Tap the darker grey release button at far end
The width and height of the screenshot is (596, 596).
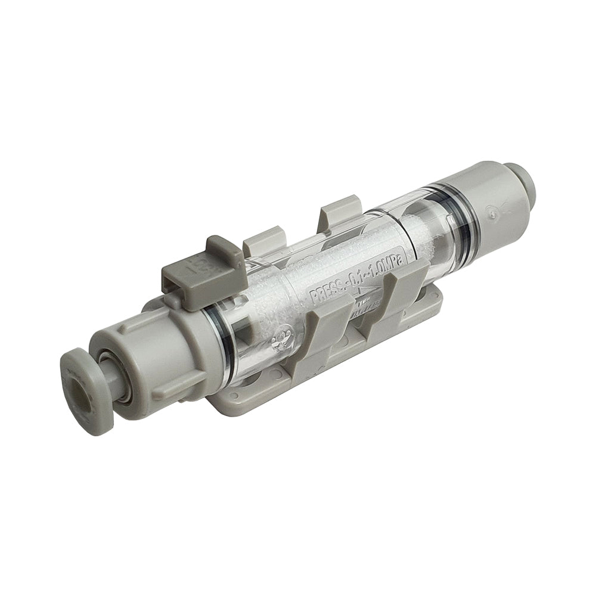[x=521, y=179]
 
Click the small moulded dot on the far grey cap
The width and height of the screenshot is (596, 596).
[x=493, y=210]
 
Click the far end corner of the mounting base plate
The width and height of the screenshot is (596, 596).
[x=438, y=298]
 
